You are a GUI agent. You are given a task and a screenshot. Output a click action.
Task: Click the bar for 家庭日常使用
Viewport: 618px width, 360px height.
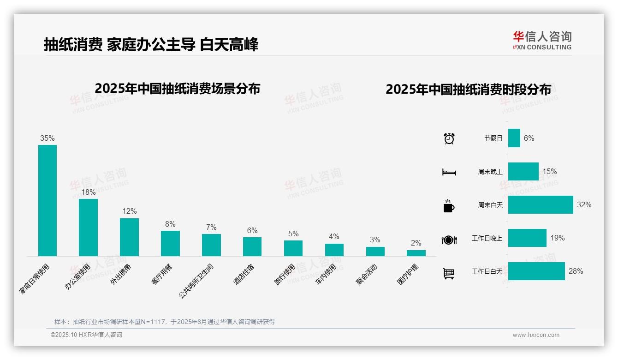tap(48, 200)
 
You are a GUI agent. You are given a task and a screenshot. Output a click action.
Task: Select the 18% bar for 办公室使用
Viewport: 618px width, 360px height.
tap(88, 227)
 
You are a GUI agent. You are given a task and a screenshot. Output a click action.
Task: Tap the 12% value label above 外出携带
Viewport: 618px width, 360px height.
tap(130, 211)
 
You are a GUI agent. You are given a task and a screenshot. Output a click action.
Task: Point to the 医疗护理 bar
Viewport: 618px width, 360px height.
tap(416, 253)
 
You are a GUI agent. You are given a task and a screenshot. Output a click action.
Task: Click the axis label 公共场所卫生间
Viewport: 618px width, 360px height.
tap(196, 280)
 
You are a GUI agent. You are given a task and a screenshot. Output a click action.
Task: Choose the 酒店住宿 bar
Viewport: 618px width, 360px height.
tap(252, 246)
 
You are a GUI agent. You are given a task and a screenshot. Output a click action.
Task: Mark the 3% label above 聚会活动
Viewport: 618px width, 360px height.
tap(375, 240)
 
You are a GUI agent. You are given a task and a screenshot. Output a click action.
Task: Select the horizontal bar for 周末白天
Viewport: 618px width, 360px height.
tap(541, 204)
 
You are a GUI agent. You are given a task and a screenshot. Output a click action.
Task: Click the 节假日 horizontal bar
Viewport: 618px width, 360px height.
tap(514, 138)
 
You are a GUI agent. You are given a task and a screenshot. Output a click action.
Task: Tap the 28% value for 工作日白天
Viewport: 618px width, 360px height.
tap(576, 271)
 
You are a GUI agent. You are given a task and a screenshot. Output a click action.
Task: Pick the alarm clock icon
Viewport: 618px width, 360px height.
tap(449, 138)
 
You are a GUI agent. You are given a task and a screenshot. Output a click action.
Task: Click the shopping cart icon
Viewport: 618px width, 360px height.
tap(449, 273)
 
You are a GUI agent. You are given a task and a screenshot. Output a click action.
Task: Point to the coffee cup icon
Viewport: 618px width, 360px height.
tap(449, 206)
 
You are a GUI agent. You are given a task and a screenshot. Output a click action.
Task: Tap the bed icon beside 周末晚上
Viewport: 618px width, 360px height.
tap(449, 172)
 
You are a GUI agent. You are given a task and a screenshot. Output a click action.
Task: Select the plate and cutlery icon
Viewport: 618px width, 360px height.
tap(449, 240)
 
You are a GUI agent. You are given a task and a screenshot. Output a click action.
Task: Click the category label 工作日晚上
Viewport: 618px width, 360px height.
tap(487, 239)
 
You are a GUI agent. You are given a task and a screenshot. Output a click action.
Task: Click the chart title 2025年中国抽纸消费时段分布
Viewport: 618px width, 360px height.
tap(468, 90)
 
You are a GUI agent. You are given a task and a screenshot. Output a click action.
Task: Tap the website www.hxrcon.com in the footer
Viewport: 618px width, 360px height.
tap(536, 335)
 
